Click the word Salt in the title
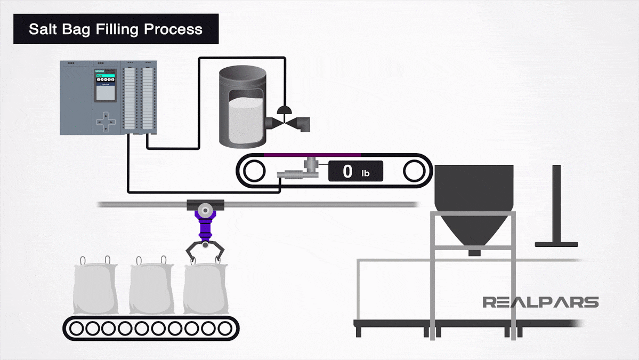[42, 29]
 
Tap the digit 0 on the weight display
[347, 172]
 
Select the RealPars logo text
[540, 302]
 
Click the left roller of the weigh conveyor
[254, 172]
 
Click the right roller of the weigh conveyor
[414, 172]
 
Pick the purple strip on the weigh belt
[312, 155]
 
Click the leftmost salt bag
[94, 289]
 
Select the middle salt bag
[151, 289]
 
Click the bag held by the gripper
[206, 289]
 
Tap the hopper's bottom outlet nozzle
[474, 252]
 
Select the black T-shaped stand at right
[556, 208]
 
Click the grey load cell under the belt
[309, 169]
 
